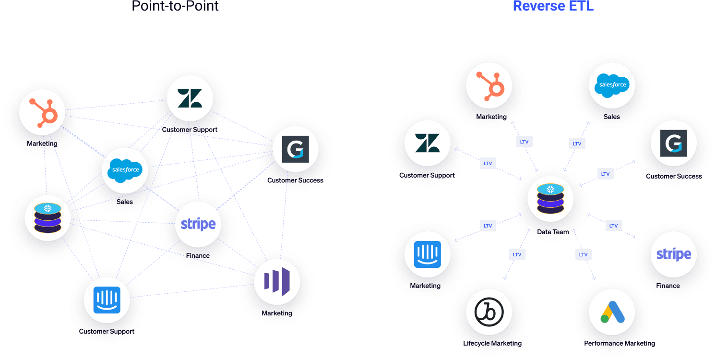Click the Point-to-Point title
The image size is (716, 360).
[175, 6]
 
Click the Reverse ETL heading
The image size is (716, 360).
[553, 6]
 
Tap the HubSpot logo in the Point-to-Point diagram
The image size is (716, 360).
[42, 112]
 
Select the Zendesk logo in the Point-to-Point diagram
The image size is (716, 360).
[190, 98]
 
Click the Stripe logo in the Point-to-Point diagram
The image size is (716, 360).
[198, 224]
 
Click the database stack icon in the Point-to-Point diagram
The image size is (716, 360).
[48, 217]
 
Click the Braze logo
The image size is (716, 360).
[489, 312]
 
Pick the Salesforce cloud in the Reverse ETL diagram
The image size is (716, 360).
[612, 85]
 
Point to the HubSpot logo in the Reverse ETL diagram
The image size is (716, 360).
[489, 85]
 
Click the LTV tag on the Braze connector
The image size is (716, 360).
[517, 254]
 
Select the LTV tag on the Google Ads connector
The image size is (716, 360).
[583, 254]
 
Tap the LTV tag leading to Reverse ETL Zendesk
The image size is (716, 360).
[488, 163]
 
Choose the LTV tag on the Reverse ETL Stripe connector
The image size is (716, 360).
[613, 226]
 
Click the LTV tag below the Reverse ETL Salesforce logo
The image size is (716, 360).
[577, 143]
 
